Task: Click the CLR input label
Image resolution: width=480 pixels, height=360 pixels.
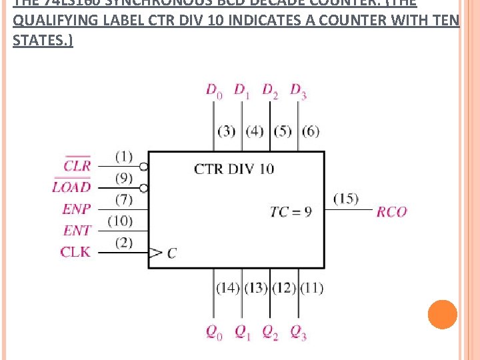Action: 77,165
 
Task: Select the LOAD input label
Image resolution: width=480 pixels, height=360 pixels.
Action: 71,187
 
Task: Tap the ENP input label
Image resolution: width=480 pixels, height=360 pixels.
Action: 77,209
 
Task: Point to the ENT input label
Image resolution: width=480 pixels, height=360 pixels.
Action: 77,231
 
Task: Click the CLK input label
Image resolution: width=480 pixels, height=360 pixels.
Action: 75,252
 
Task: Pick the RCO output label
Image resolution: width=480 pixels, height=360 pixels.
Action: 391,212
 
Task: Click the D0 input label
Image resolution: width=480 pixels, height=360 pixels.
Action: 213,91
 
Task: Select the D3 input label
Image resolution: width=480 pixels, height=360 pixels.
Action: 298,91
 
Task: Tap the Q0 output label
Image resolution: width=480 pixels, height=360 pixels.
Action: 213,331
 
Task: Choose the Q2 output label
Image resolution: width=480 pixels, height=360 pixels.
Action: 270,331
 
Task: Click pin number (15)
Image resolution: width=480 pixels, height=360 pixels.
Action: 345,199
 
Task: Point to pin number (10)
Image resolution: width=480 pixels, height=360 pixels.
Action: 120,221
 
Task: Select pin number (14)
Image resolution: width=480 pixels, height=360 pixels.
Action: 227,288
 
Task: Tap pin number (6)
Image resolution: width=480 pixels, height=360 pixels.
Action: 310,131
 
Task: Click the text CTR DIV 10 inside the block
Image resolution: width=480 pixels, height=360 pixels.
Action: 234,169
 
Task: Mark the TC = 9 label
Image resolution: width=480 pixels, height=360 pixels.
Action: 291,212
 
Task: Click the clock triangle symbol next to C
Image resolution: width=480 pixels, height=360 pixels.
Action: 155,253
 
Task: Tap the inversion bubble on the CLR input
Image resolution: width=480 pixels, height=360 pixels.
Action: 143,166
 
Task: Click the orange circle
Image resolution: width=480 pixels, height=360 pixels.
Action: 443,314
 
